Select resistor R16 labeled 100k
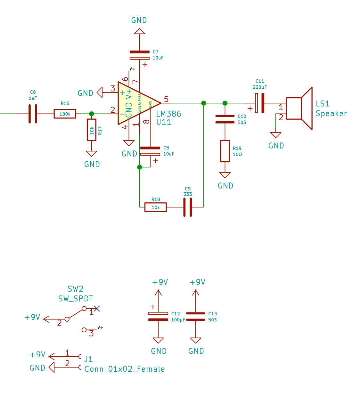(65, 114)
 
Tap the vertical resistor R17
(92, 130)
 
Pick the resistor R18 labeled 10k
(155, 207)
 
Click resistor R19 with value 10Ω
(225, 151)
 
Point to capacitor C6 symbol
(33, 114)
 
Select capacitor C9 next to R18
(188, 207)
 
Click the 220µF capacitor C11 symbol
(260, 103)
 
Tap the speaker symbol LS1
(299, 109)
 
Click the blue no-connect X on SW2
(97, 309)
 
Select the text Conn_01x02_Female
(124, 369)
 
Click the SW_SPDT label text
(76, 299)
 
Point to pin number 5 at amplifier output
(166, 99)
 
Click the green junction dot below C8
(139, 167)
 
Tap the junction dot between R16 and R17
(92, 114)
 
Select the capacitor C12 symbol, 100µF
(158, 316)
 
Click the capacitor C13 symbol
(195, 316)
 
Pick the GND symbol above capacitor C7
(139, 31)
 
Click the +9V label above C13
(197, 282)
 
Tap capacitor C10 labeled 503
(225, 119)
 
